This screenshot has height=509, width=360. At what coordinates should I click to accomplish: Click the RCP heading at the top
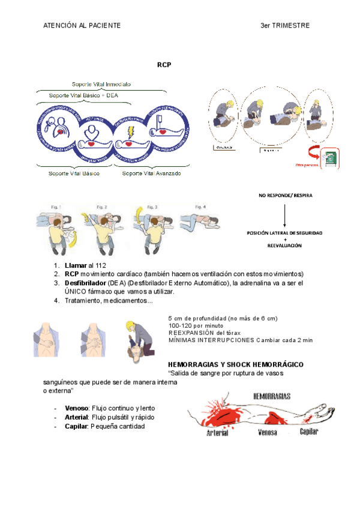pos(164,64)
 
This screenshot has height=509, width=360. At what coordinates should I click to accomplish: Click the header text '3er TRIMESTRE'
pos(285,26)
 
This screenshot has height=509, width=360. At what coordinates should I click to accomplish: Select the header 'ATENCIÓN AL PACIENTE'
pos(82,26)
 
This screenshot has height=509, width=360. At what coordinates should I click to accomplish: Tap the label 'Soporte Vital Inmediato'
pos(101,84)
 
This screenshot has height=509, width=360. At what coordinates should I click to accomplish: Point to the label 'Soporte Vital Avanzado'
pos(151,173)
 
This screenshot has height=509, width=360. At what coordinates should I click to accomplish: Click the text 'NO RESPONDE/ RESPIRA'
pos(285,196)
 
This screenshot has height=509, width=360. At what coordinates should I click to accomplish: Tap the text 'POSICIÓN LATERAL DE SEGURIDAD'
pos(285,232)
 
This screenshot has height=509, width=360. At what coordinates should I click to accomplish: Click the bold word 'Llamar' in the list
pos(76,265)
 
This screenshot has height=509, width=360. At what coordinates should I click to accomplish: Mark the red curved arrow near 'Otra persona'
pos(313,152)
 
